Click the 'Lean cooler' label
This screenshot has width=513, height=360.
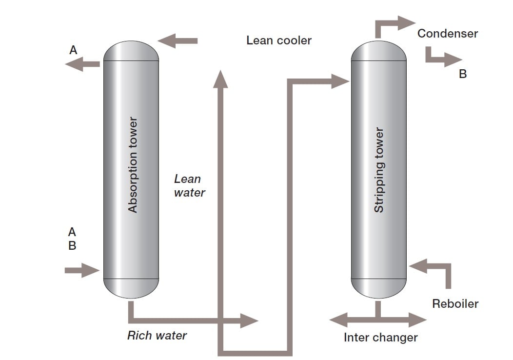tap(278, 40)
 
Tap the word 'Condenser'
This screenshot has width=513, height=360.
tap(447, 34)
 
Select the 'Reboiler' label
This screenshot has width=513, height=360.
tap(455, 304)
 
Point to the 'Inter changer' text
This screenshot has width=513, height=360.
tap(380, 338)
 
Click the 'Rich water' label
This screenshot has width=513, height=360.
tap(157, 336)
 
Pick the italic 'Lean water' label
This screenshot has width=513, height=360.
tap(189, 186)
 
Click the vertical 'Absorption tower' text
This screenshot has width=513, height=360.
tap(132, 164)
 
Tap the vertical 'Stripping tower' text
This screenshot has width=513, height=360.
tap(379, 170)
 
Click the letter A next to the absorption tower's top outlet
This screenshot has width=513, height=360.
tap(73, 50)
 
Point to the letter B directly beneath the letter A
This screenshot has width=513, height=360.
tap(72, 245)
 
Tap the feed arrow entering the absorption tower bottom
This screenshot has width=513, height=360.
tap(82, 270)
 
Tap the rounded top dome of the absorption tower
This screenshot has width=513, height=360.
tap(132, 50)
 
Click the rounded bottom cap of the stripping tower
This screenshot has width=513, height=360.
tap(378, 289)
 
